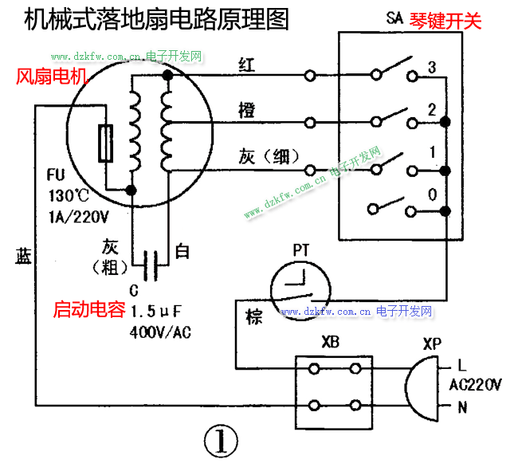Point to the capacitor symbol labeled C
tap(151, 259)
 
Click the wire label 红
tap(246, 65)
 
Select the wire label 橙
tap(246, 111)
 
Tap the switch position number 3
tap(431, 66)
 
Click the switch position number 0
tap(431, 194)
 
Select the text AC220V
tap(476, 385)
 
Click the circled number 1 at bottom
tap(220, 440)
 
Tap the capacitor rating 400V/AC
tap(160, 332)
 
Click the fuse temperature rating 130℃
tap(69, 194)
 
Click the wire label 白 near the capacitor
tap(182, 253)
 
